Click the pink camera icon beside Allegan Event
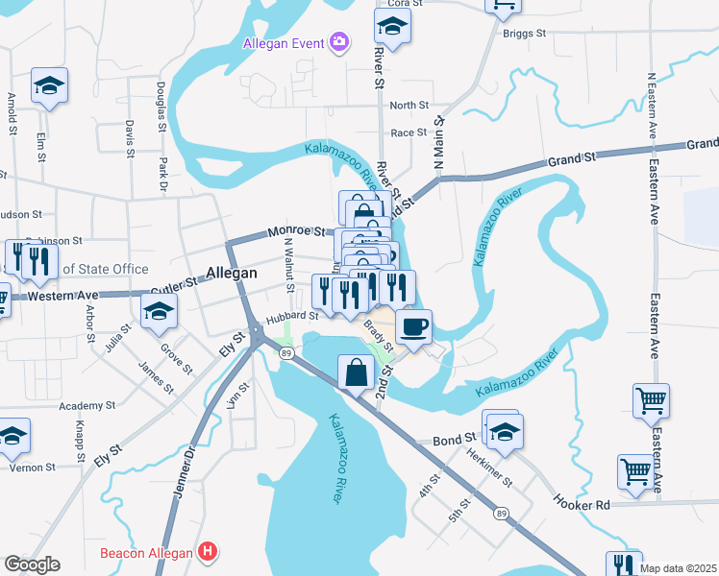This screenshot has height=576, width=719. coord(338,41)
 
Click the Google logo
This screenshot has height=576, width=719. coord(32,564)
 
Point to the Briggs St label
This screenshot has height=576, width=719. coord(524,32)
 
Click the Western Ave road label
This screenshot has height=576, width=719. coord(62,296)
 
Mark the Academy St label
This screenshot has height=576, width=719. coord(86,406)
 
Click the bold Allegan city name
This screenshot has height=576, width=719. coord(233,273)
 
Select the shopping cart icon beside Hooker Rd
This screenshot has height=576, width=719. coord(635,471)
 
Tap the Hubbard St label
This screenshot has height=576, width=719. coord(292,315)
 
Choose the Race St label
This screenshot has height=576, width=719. coord(409,132)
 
